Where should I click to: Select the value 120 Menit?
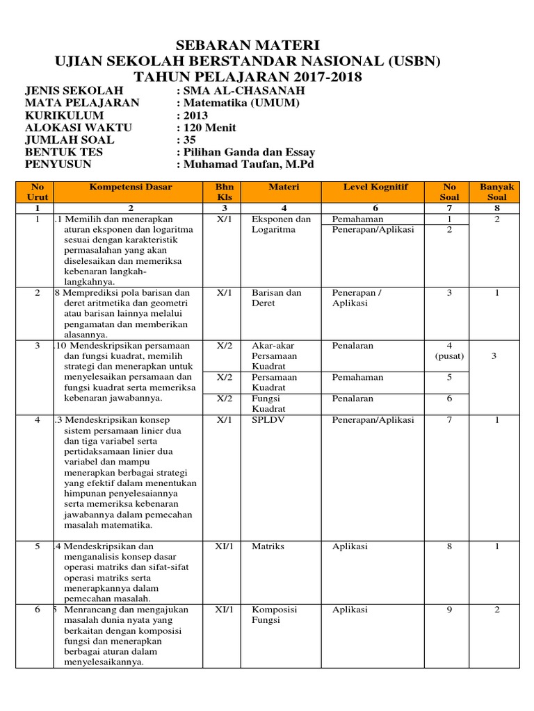209,128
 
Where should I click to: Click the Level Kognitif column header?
375,187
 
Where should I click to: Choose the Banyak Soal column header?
497,192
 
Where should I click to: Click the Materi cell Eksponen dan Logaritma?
281,224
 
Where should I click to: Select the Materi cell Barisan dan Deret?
276,298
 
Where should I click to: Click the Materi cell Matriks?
268,546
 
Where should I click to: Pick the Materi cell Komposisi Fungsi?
274,614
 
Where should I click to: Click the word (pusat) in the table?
449,356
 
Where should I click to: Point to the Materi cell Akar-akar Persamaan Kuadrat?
274,355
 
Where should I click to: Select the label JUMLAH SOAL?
70,140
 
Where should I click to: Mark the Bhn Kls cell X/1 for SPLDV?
223,420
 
